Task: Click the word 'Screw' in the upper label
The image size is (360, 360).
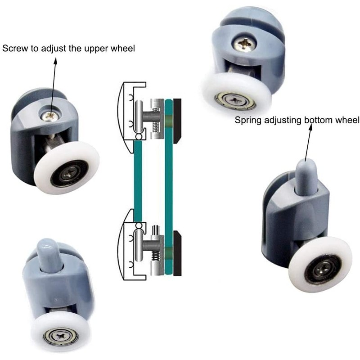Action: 14,48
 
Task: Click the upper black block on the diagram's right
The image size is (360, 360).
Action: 176,117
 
